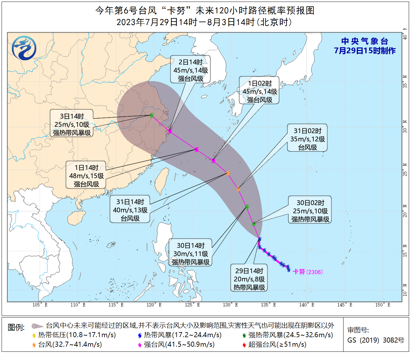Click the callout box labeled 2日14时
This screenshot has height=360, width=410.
pyautogui.click(x=190, y=70)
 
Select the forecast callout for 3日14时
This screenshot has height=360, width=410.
pyautogui.click(x=72, y=125)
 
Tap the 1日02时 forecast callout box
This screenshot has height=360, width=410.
pyautogui.click(x=259, y=92)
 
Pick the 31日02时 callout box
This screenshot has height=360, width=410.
pyautogui.click(x=307, y=139)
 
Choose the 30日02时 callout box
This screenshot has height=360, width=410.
pyautogui.click(x=310, y=211)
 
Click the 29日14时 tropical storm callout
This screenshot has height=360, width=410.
pyautogui.click(x=249, y=279)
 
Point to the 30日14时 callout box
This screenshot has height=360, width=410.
pyautogui.click(x=190, y=254)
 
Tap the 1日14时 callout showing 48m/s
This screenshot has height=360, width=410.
pyautogui.click(x=86, y=176)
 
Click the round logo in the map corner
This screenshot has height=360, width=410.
pyautogui.click(x=24, y=48)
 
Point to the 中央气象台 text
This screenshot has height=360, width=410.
pyautogui.click(x=364, y=41)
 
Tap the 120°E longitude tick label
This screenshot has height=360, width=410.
pyautogui.click(x=154, y=305)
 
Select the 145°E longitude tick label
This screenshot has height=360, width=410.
pyautogui.click(x=345, y=305)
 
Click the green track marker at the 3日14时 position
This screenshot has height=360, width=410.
pyautogui.click(x=152, y=115)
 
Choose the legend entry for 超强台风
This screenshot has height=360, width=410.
pyautogui.click(x=274, y=344)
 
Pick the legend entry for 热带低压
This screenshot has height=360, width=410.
pyautogui.click(x=74, y=335)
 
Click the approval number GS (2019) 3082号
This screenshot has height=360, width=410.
pyautogui.click(x=376, y=340)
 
